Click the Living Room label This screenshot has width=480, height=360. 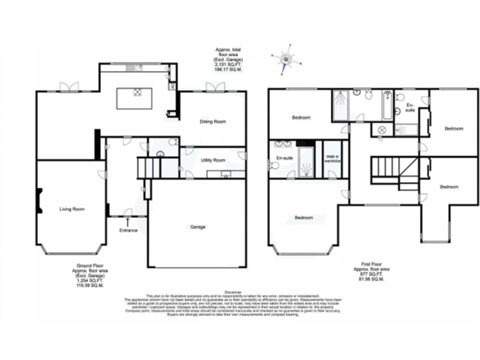click(x=72, y=209)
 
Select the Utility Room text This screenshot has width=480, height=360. click(x=212, y=160)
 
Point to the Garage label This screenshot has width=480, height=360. click(x=197, y=226)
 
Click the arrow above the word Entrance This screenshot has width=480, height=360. click(x=128, y=221)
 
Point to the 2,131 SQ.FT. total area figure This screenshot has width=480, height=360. click(x=228, y=65)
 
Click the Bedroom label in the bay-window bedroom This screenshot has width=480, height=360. click(x=304, y=217)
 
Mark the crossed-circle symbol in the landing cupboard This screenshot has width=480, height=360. click(x=380, y=130)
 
